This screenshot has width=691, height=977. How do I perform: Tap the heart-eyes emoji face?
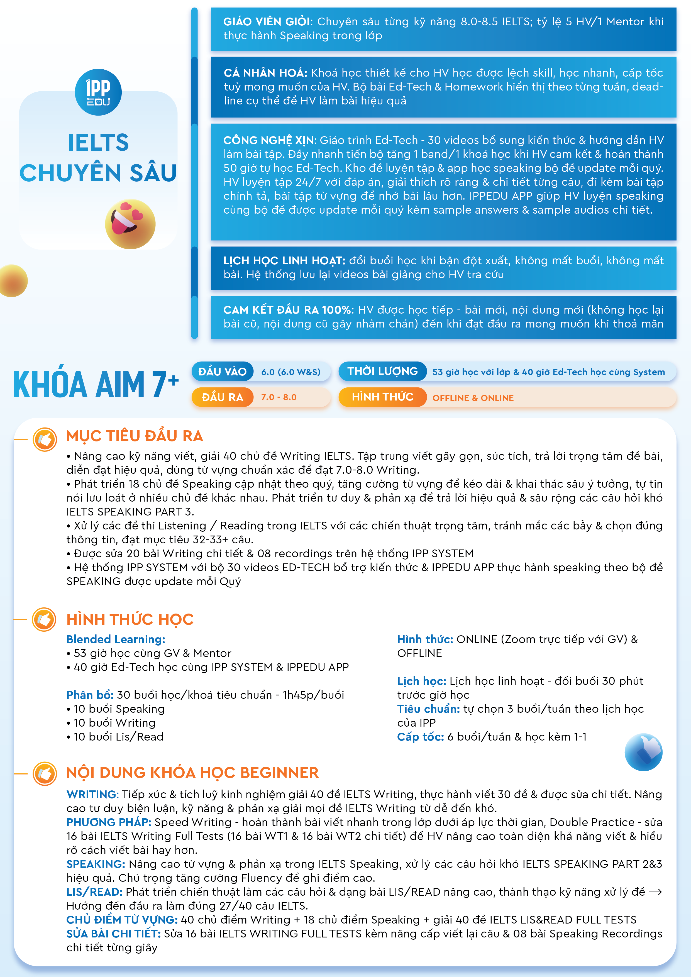[130, 224]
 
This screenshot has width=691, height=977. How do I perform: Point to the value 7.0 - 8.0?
[279, 397]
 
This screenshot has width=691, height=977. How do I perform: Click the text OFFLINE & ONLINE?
[473, 398]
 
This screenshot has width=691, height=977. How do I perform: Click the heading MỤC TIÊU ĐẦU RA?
[135, 436]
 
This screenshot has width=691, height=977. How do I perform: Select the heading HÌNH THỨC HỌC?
[130, 619]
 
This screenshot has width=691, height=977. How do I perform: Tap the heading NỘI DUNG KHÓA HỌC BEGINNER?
[192, 772]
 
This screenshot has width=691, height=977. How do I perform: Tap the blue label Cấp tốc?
[420, 737]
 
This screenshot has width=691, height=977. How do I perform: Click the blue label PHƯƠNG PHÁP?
[109, 822]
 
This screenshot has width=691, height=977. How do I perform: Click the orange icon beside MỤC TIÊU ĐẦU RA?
[45, 439]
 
